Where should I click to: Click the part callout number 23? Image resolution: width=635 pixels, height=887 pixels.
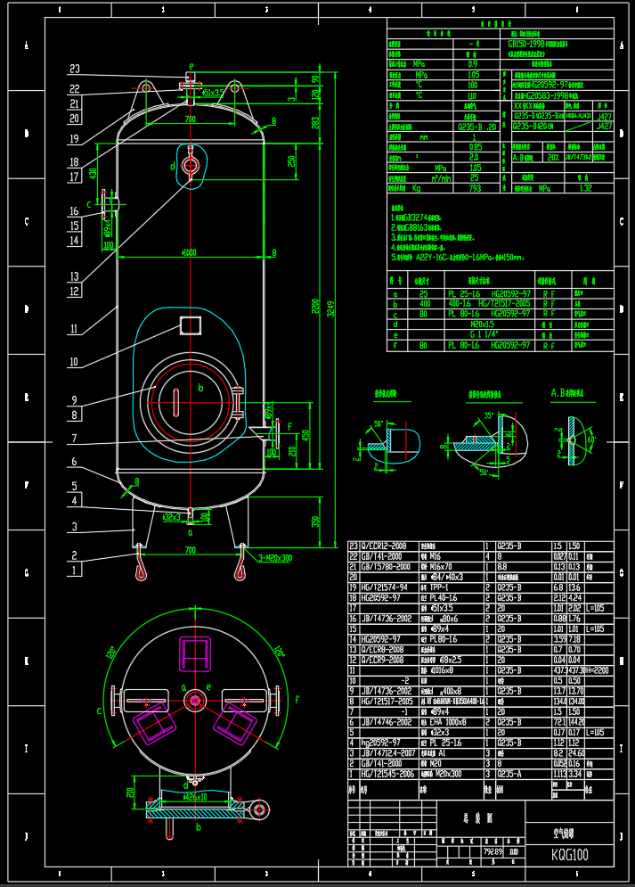point(75,69)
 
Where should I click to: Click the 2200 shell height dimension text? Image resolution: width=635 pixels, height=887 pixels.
point(314,308)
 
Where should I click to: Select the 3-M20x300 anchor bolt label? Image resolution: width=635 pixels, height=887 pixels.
point(274,558)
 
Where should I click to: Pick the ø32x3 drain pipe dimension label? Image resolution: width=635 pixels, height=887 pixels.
point(172,516)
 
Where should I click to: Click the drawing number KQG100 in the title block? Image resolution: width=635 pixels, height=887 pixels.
point(570,855)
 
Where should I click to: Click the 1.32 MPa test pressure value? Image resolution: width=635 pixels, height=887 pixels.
point(585,189)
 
